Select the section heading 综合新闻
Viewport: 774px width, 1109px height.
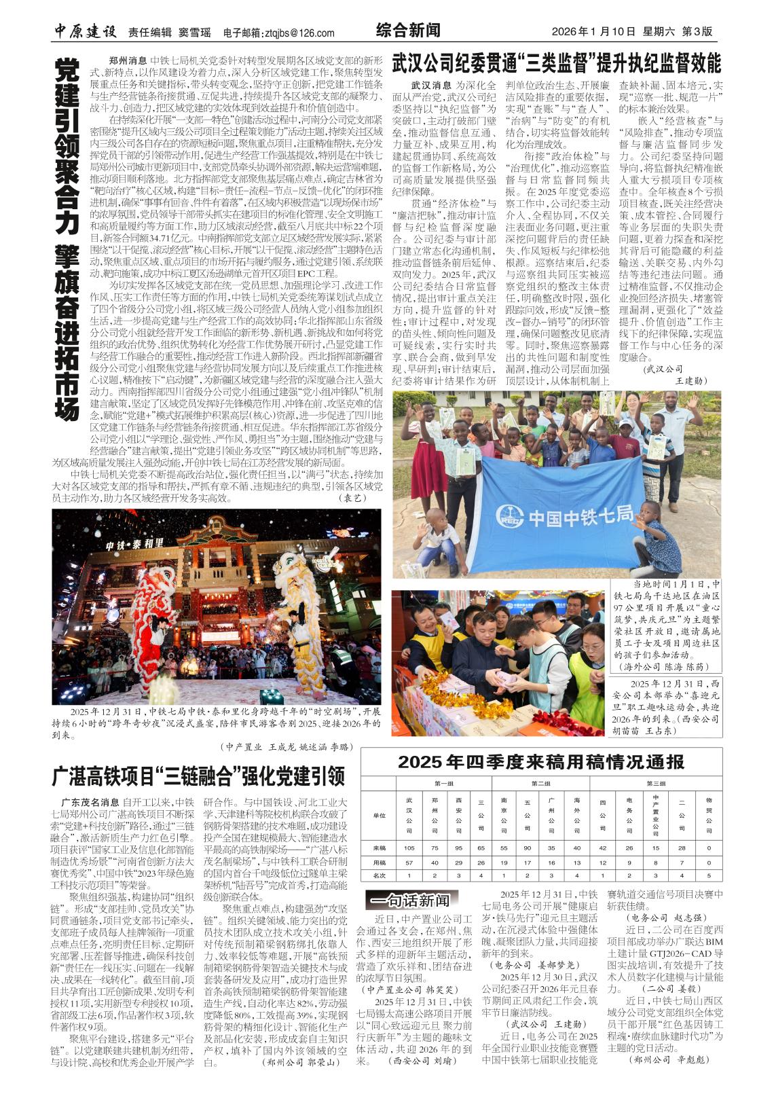407,31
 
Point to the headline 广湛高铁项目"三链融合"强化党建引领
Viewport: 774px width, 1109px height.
199,776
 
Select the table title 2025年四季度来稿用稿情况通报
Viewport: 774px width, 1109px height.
540,762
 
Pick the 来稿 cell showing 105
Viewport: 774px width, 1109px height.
409,848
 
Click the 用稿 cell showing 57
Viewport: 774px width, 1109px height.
409,862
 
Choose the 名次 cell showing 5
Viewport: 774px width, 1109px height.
709,876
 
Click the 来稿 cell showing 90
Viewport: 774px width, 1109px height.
527,848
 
